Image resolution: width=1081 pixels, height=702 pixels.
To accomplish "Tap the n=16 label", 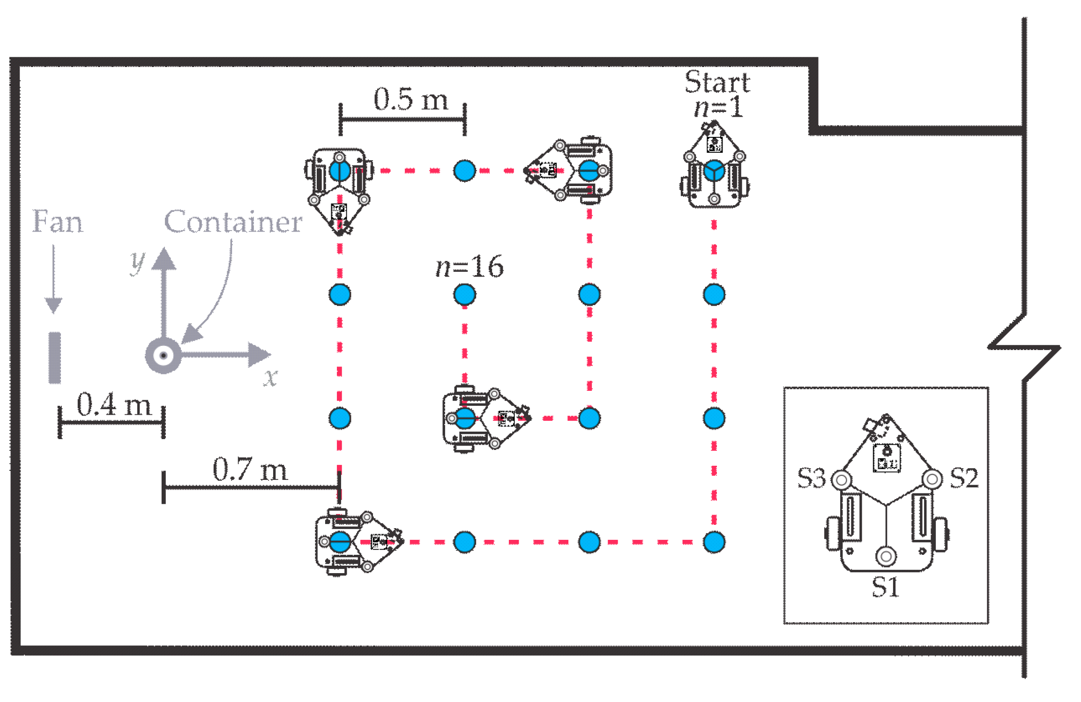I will click(x=469, y=267).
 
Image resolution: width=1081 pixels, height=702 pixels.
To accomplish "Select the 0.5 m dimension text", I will click(x=410, y=99).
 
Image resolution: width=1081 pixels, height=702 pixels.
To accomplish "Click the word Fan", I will click(x=57, y=222).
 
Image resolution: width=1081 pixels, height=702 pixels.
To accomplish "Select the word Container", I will click(x=233, y=222).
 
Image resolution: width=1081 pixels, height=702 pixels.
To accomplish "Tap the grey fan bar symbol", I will click(x=55, y=358).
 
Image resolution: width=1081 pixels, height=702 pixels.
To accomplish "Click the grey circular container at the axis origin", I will click(x=163, y=355).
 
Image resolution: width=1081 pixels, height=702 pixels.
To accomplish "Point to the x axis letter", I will click(x=270, y=377).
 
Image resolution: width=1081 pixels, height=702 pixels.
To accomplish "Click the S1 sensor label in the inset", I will click(x=885, y=587).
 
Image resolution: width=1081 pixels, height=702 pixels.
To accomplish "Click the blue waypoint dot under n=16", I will click(x=464, y=295).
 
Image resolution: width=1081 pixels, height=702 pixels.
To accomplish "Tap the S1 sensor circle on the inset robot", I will click(x=886, y=557).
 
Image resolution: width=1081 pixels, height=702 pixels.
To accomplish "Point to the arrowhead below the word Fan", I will click(x=53, y=305).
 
